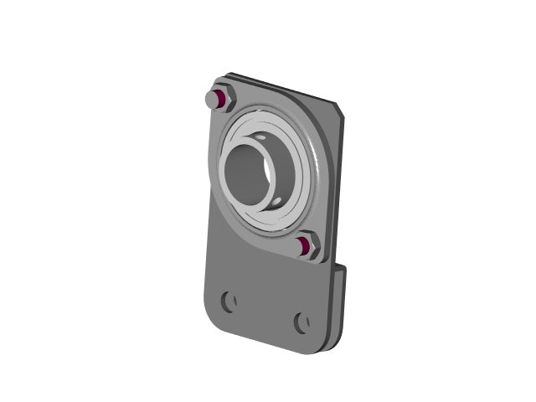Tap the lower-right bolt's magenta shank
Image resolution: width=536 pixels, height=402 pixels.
[x=303, y=245]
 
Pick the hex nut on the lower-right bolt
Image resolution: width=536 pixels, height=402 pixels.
[x=311, y=248]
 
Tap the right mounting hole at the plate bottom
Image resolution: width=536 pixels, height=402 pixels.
[x=301, y=322]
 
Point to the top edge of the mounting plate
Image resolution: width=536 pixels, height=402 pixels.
[x=285, y=87]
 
